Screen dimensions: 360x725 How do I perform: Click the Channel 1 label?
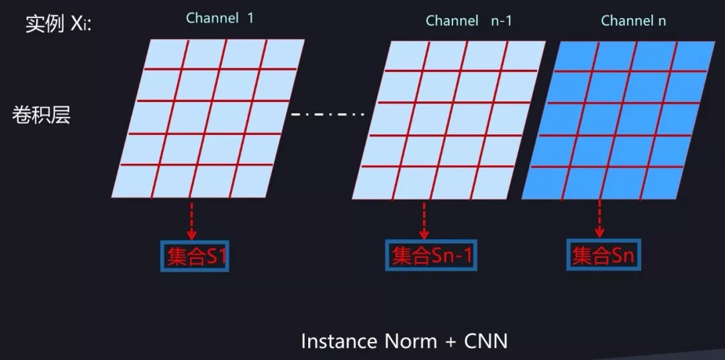click(220, 18)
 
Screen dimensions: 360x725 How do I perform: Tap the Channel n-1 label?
click(469, 21)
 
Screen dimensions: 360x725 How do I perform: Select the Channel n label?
click(633, 21)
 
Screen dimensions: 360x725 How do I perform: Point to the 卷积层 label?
click(41, 115)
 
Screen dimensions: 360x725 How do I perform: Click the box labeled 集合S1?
click(193, 256)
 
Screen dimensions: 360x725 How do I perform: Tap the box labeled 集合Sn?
click(602, 255)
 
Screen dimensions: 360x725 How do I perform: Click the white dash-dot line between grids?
click(327, 114)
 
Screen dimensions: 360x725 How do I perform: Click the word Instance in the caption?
click(339, 341)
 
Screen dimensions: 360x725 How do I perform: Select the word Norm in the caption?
click(410, 341)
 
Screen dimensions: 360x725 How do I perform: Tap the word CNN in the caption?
click(485, 341)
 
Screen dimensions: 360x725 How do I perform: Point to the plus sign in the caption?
click(450, 342)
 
